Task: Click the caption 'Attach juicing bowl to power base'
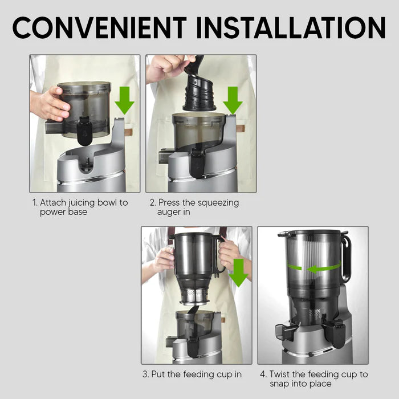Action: tap(80, 207)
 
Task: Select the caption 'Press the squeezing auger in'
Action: tap(194, 207)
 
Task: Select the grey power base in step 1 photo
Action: tap(91, 171)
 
